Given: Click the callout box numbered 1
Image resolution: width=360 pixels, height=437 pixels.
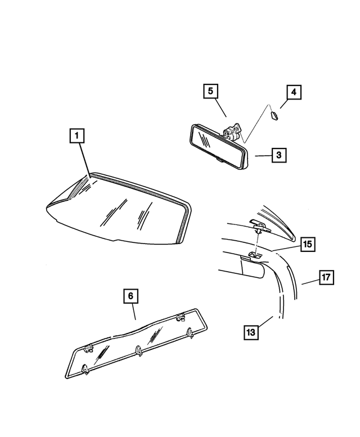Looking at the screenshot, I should pyautogui.click(x=77, y=136).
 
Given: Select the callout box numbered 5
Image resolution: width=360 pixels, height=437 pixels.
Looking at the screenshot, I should pyautogui.click(x=210, y=91).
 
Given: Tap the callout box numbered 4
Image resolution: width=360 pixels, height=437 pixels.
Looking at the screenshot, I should pyautogui.click(x=293, y=92).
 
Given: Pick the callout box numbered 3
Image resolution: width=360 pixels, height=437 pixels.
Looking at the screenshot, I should pyautogui.click(x=280, y=155).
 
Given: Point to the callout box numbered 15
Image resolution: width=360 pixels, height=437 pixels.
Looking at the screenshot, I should pyautogui.click(x=307, y=244).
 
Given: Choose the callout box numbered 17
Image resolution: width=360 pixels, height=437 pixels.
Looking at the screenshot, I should pyautogui.click(x=326, y=277).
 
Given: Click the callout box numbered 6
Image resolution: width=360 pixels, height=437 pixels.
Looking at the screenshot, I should pyautogui.click(x=130, y=296).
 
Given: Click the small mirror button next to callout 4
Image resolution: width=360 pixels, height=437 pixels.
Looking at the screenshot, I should pyautogui.click(x=274, y=116).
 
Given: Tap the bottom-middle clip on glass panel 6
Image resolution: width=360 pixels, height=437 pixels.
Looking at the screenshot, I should pyautogui.click(x=138, y=352).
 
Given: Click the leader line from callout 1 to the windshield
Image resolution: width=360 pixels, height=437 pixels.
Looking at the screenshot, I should pyautogui.click(x=85, y=160).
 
